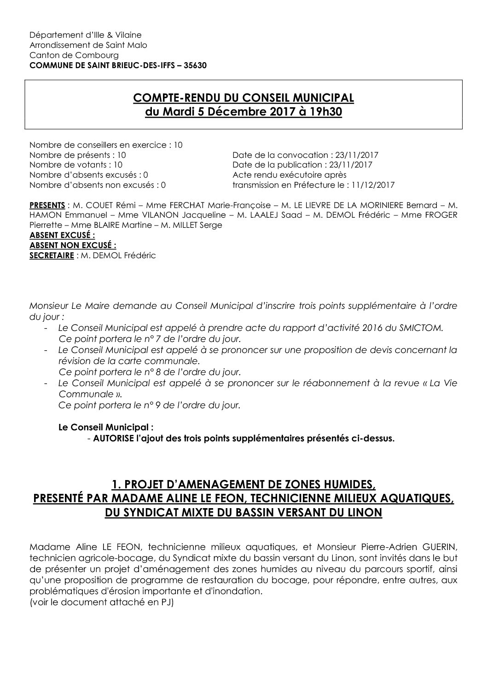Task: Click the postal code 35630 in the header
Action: coord(195,65)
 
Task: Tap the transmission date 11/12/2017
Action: coord(375,185)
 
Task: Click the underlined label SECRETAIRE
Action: coord(51,255)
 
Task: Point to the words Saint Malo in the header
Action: coord(127,45)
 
